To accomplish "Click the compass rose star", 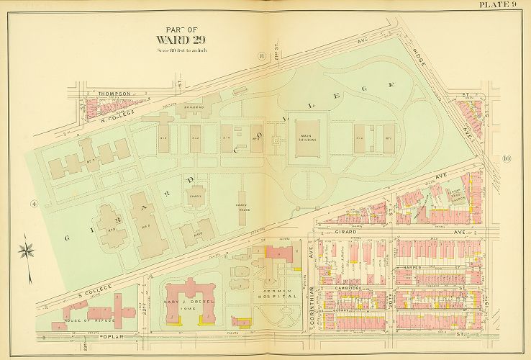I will click(28, 251).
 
